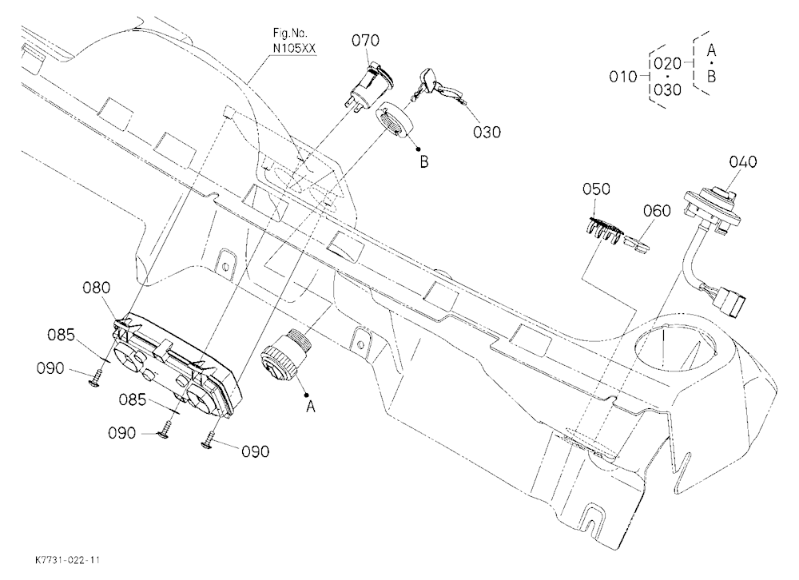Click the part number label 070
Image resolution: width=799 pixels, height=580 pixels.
365,40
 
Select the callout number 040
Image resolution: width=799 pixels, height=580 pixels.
743,162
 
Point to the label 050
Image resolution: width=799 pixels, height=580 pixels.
596,189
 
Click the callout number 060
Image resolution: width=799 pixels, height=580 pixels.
657,210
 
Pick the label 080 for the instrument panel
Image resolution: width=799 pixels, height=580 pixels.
97,288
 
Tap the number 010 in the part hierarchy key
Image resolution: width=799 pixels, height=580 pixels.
623,77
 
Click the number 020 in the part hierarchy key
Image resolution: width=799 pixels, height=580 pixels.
667,64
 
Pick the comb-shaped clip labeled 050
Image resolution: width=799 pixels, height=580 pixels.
602,228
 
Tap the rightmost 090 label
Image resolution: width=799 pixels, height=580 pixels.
255,452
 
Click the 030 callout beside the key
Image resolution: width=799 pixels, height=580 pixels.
487,133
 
